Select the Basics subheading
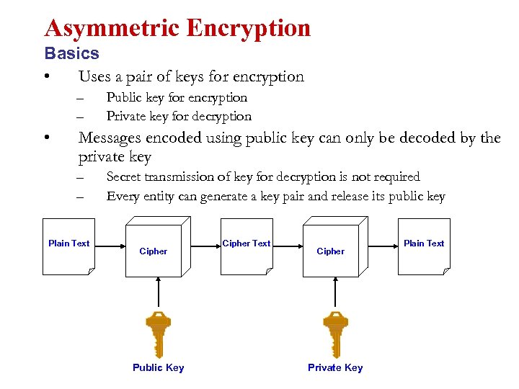tap(71, 53)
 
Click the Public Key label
tap(158, 367)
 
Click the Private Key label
tap(335, 367)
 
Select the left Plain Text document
tap(68, 255)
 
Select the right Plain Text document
tap(424, 255)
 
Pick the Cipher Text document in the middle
tap(247, 255)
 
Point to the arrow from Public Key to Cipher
tap(158, 292)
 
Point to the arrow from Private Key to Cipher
tap(335, 292)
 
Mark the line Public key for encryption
tap(177, 97)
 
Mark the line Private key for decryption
tap(179, 116)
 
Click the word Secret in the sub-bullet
tap(125, 176)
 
